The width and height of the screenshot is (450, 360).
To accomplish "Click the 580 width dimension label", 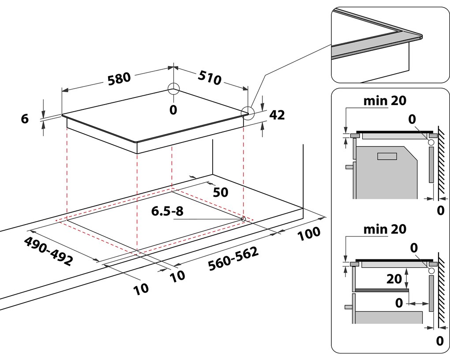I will tap(119, 78).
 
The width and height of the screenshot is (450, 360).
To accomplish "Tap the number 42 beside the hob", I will tap(277, 115).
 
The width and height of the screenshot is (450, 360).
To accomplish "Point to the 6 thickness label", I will tap(25, 118).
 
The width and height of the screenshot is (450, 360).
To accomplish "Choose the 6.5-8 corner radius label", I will tap(167, 212).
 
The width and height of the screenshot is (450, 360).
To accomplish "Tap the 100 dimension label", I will tap(309, 234).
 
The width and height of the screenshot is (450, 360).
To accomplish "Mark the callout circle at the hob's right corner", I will tap(248, 113).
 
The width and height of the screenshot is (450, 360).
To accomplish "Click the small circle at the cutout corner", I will tap(243, 218).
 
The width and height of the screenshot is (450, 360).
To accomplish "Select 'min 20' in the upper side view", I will tap(385, 101).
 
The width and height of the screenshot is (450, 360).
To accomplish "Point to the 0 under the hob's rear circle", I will tap(173, 109).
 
